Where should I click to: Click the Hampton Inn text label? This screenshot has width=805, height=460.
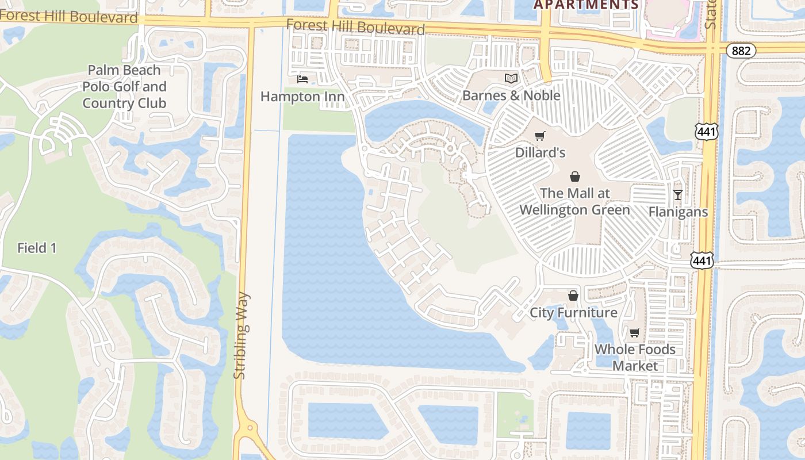pyautogui.click(x=302, y=96)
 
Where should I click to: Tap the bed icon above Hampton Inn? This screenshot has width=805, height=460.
pyautogui.click(x=302, y=79)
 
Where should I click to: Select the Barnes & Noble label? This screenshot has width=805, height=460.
pyautogui.click(x=511, y=95)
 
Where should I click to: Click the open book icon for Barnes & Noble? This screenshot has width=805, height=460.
pyautogui.click(x=511, y=78)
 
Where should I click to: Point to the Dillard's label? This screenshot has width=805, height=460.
pyautogui.click(x=540, y=152)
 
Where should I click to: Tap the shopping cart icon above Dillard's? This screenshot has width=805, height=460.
pyautogui.click(x=539, y=136)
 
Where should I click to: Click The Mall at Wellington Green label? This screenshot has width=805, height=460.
pyautogui.click(x=574, y=201)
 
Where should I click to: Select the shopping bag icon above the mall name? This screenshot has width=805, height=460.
pyautogui.click(x=574, y=177)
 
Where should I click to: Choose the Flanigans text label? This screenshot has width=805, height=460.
pyautogui.click(x=678, y=212)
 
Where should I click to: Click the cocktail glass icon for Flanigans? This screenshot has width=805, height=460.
pyautogui.click(x=678, y=195)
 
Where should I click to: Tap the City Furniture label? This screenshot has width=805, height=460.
pyautogui.click(x=573, y=312)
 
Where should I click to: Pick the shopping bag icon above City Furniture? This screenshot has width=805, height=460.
pyautogui.click(x=573, y=296)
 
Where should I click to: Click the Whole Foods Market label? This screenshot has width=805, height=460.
pyautogui.click(x=635, y=357)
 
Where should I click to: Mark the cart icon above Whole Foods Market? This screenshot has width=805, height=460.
pyautogui.click(x=634, y=332)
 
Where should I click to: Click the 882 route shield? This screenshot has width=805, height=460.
pyautogui.click(x=741, y=51)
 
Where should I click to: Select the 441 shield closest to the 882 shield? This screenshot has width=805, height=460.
pyautogui.click(x=705, y=132)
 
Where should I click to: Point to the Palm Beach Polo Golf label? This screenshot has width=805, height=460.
pyautogui.click(x=124, y=86)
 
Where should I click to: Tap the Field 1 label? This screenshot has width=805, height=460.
pyautogui.click(x=37, y=248)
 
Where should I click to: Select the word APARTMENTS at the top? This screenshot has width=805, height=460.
pyautogui.click(x=586, y=5)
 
